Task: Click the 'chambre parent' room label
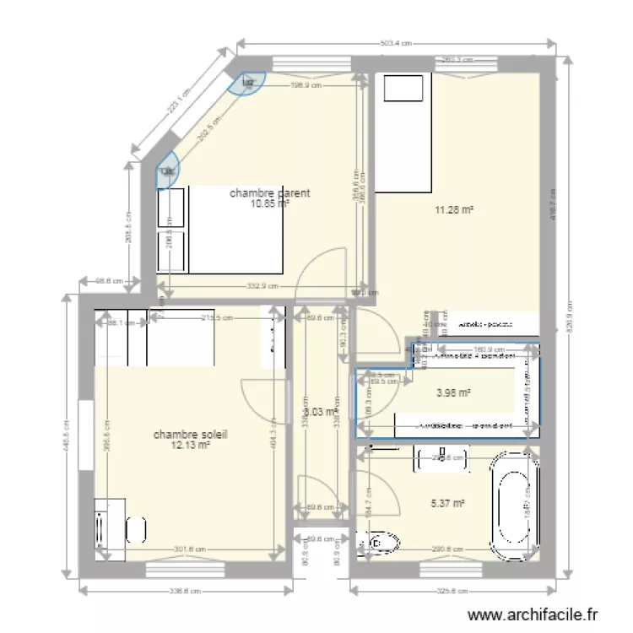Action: pyautogui.click(x=269, y=193)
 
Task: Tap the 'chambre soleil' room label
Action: pyautogui.click(x=191, y=435)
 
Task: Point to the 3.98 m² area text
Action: pyautogui.click(x=452, y=392)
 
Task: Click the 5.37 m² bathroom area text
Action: pyautogui.click(x=448, y=504)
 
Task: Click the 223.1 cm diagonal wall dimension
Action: pyautogui.click(x=179, y=101)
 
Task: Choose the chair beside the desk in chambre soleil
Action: pyautogui.click(x=137, y=529)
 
